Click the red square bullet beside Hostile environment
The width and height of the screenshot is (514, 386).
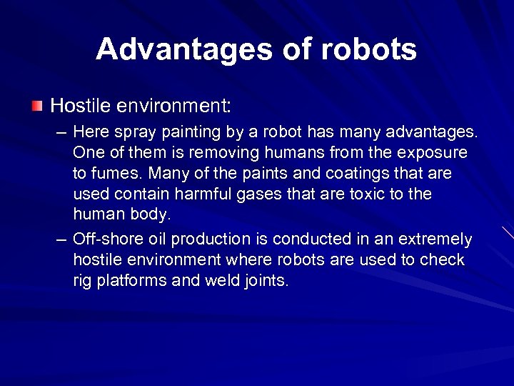(x=37, y=107)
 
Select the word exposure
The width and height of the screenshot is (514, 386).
(x=433, y=153)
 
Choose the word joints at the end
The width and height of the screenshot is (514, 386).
(x=263, y=281)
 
